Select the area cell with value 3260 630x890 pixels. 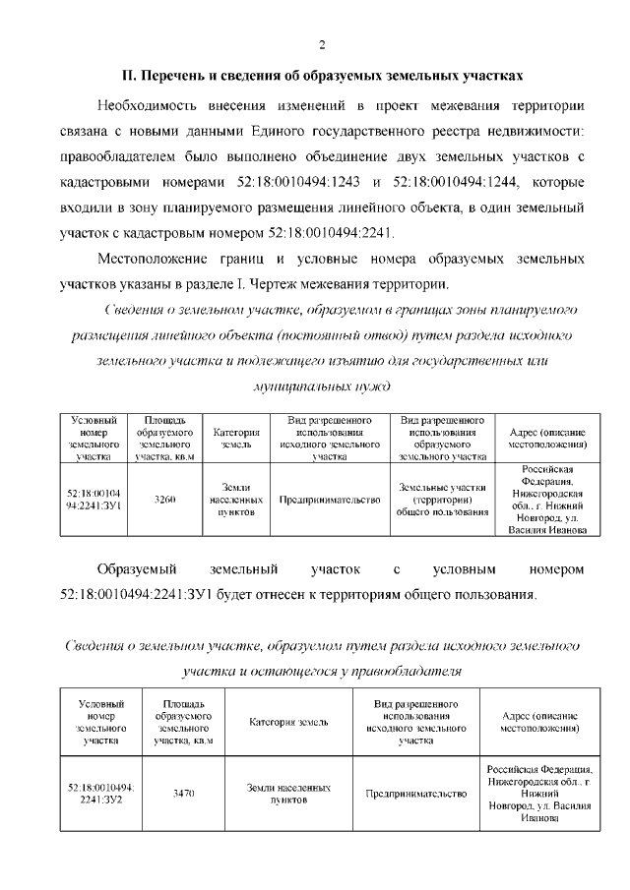165,501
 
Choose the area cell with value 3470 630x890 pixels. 183,793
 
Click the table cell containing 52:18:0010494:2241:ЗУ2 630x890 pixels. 102,793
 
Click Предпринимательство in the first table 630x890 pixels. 329,501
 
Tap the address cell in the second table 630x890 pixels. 539,793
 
